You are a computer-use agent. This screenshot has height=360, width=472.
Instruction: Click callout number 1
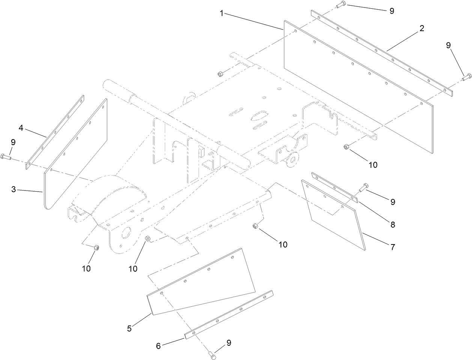point(222,13)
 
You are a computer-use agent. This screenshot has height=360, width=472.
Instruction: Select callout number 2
point(422,28)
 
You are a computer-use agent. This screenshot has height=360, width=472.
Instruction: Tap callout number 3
point(14,189)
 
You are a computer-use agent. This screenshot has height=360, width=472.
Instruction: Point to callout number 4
point(21,128)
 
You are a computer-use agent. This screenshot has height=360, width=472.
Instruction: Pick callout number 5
point(129,328)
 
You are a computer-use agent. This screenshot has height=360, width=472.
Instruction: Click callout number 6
point(158,346)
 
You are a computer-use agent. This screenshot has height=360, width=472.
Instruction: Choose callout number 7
point(392,247)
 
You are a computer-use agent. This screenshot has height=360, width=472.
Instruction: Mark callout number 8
point(392,225)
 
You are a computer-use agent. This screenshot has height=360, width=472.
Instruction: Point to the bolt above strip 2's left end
point(340,5)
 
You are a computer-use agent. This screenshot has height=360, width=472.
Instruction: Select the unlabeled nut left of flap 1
point(220,73)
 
